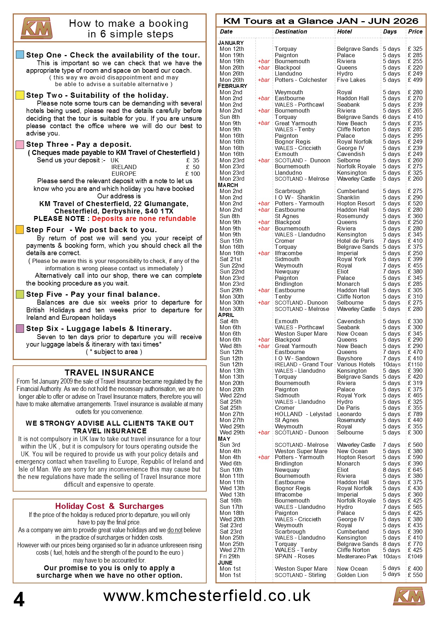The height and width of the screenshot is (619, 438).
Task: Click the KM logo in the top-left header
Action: (x=37, y=28)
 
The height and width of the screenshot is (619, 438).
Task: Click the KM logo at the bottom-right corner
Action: (x=409, y=596)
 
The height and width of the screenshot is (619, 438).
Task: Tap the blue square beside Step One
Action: (x=20, y=55)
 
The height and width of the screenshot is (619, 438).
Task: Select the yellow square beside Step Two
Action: (x=20, y=95)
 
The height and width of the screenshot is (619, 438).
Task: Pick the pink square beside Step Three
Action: (x=20, y=144)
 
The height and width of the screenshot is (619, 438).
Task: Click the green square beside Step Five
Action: (x=20, y=294)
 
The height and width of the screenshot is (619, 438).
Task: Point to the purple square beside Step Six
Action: (x=20, y=329)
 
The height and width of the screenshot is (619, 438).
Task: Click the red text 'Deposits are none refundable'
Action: (x=144, y=219)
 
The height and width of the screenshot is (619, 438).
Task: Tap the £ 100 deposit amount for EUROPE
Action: (x=193, y=174)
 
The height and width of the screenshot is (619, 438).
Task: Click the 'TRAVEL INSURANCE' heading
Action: (x=109, y=373)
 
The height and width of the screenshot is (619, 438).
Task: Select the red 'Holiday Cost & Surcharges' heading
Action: (x=109, y=506)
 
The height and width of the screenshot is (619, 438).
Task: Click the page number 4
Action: (x=19, y=599)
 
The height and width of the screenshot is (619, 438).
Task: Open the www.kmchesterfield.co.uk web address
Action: (x=207, y=596)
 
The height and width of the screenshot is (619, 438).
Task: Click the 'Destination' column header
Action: (x=291, y=32)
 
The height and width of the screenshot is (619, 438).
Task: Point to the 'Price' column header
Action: (x=415, y=32)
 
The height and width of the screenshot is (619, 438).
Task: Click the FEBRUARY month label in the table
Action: (x=232, y=86)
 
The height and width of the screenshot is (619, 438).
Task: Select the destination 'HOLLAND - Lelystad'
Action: (x=303, y=414)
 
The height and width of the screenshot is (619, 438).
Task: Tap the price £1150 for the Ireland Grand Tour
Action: (x=415, y=365)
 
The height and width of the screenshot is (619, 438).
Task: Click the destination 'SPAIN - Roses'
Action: (x=294, y=556)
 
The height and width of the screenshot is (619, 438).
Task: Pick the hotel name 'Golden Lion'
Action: (x=353, y=575)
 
